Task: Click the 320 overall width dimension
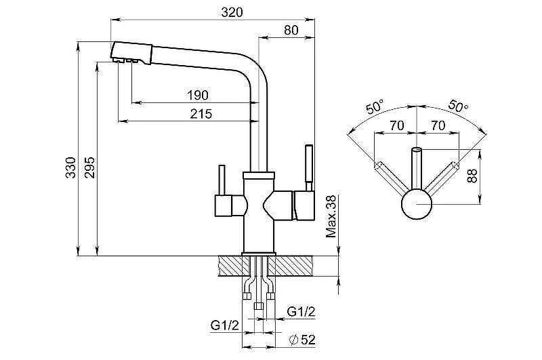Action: click(x=232, y=12)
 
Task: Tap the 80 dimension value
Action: click(x=291, y=30)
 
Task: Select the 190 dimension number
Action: click(x=198, y=95)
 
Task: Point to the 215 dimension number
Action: click(x=201, y=113)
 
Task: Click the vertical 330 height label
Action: click(x=71, y=167)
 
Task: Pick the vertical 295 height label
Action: click(x=89, y=167)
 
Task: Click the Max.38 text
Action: click(x=331, y=216)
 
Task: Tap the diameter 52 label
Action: click(x=302, y=340)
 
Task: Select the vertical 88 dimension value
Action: click(x=472, y=176)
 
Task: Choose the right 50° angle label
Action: click(x=459, y=106)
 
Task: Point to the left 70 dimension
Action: click(x=396, y=125)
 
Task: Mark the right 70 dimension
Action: click(x=438, y=125)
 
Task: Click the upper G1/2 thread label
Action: click(x=301, y=312)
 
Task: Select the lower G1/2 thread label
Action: click(x=224, y=326)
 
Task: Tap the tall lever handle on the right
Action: click(x=309, y=167)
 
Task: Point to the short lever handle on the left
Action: click(x=222, y=180)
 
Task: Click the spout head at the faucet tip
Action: click(x=131, y=53)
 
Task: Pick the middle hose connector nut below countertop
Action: click(x=258, y=306)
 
